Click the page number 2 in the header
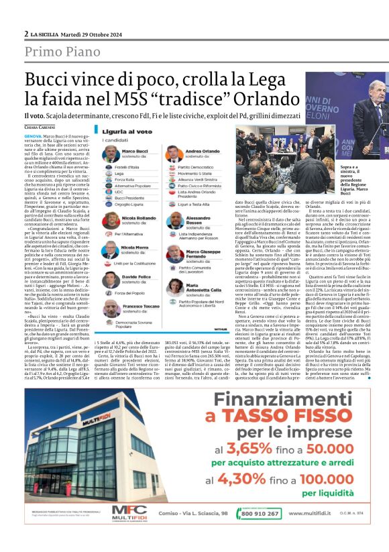point(26,34)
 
